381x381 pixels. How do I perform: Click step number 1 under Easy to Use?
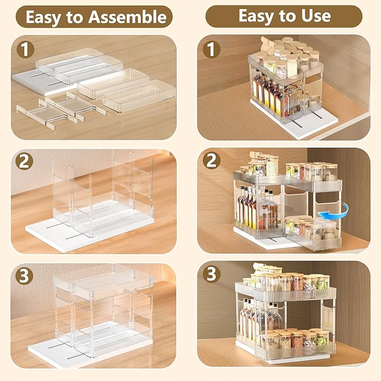coord(212,49)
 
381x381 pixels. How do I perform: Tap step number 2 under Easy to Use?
coord(212,161)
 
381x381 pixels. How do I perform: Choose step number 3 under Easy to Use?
coord(212,275)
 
